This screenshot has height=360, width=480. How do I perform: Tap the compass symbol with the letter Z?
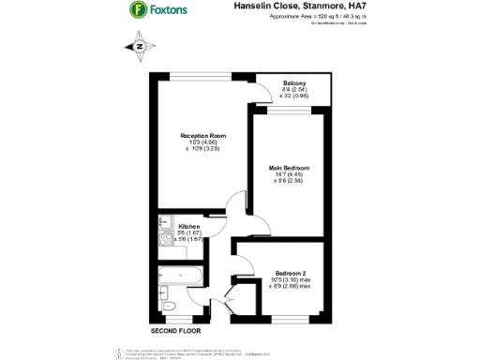click(x=139, y=45)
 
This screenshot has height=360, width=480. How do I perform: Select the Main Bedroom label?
click(x=289, y=167)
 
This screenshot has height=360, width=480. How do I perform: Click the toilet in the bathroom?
click(x=169, y=307)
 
